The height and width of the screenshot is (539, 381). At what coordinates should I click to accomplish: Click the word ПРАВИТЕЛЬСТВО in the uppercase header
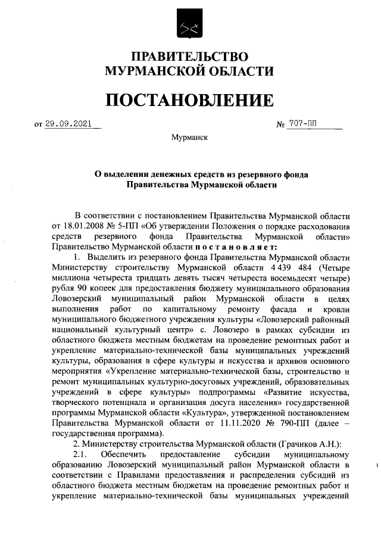(190, 57)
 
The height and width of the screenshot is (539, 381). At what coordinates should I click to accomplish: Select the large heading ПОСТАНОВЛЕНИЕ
(190, 99)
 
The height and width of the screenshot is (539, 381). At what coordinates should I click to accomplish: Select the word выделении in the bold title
(127, 175)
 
